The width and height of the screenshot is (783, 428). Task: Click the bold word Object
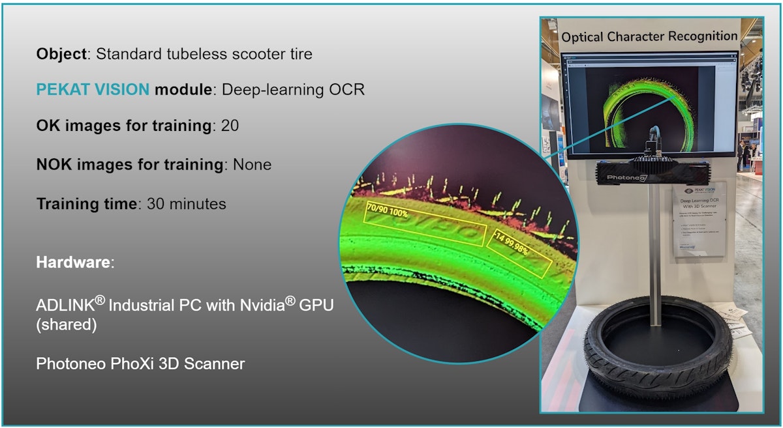click(x=61, y=54)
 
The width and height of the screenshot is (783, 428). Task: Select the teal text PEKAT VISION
click(x=93, y=90)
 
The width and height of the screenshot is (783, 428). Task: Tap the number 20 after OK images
click(x=230, y=126)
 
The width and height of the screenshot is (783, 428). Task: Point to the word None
click(x=251, y=165)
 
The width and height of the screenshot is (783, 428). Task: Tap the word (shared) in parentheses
click(x=67, y=324)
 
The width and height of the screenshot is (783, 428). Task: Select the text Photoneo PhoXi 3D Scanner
click(x=140, y=364)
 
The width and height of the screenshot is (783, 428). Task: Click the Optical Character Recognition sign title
click(x=649, y=36)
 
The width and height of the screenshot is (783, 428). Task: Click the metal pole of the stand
click(x=652, y=248)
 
